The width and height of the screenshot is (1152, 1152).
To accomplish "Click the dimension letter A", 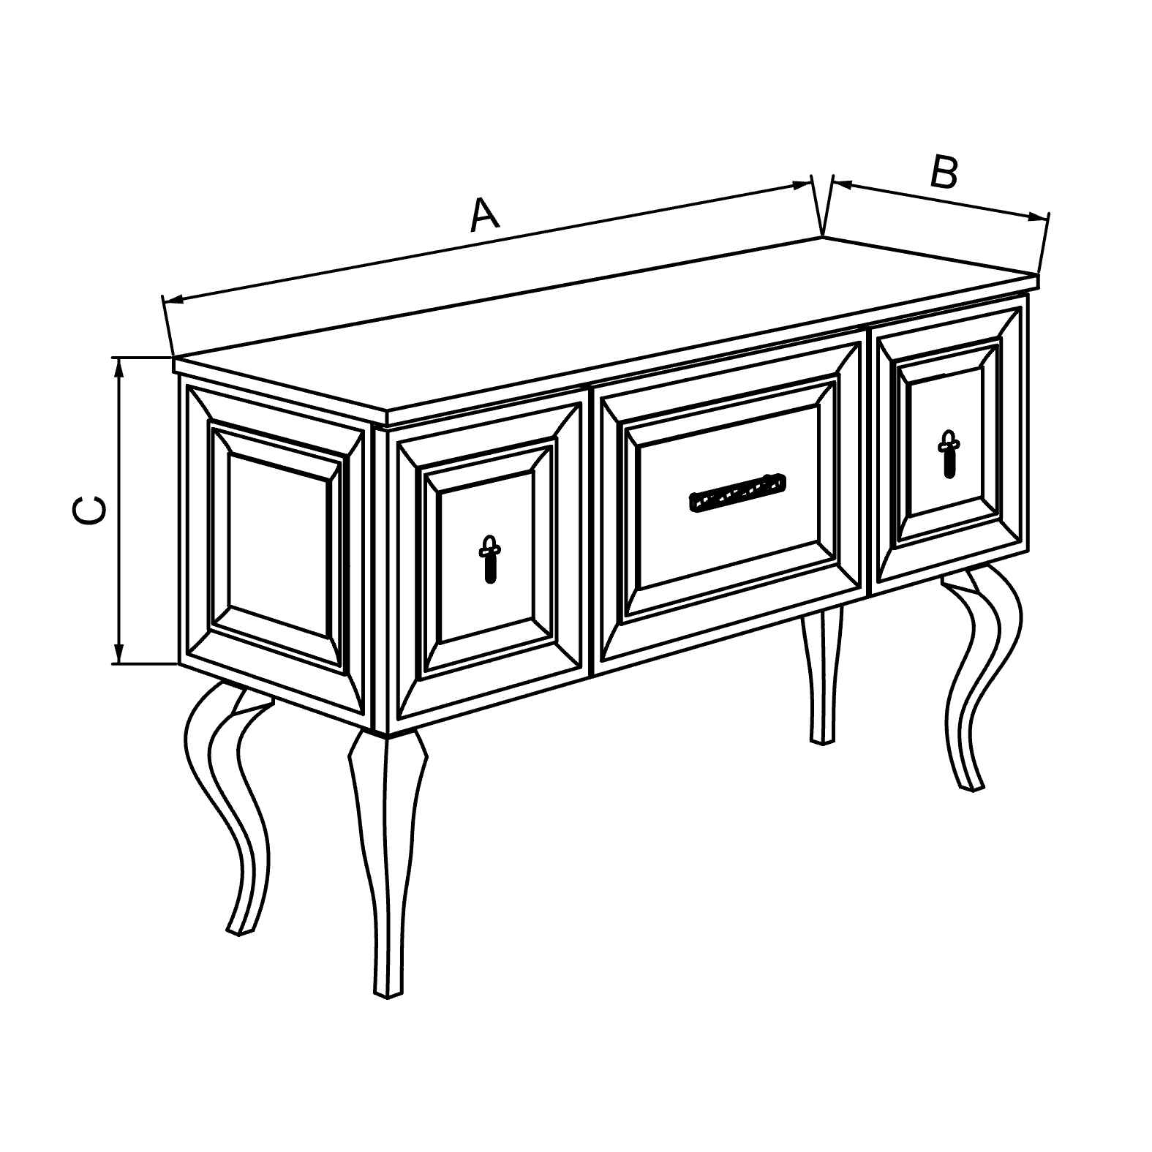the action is pyautogui.click(x=484, y=214).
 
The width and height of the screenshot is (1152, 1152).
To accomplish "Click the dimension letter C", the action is pyautogui.click(x=89, y=510).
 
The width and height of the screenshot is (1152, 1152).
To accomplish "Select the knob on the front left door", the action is pyautogui.click(x=489, y=559).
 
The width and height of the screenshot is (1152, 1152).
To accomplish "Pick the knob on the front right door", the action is pyautogui.click(x=949, y=454).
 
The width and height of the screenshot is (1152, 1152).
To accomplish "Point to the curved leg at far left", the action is pyautogui.click(x=227, y=805).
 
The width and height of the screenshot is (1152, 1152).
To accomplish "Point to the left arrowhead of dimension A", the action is pyautogui.click(x=173, y=298).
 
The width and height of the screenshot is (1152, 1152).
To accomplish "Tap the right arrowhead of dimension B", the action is pyautogui.click(x=1039, y=217).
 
